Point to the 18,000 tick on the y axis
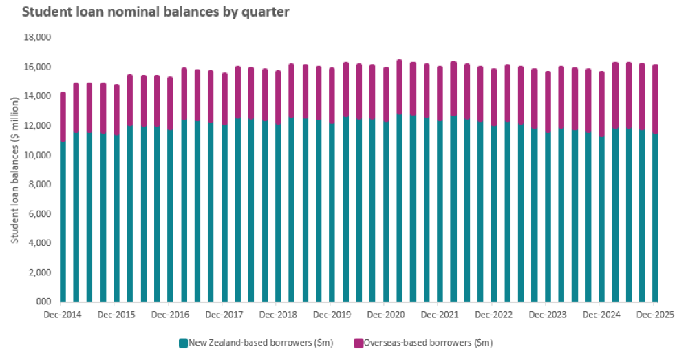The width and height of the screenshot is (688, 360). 39,38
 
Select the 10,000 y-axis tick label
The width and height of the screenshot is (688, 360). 39,155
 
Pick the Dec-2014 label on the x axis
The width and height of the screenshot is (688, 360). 63,315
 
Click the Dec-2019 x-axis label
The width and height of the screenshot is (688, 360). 332,315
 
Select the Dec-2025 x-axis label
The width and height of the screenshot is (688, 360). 654,315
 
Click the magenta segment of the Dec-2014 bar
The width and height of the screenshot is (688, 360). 63,117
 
